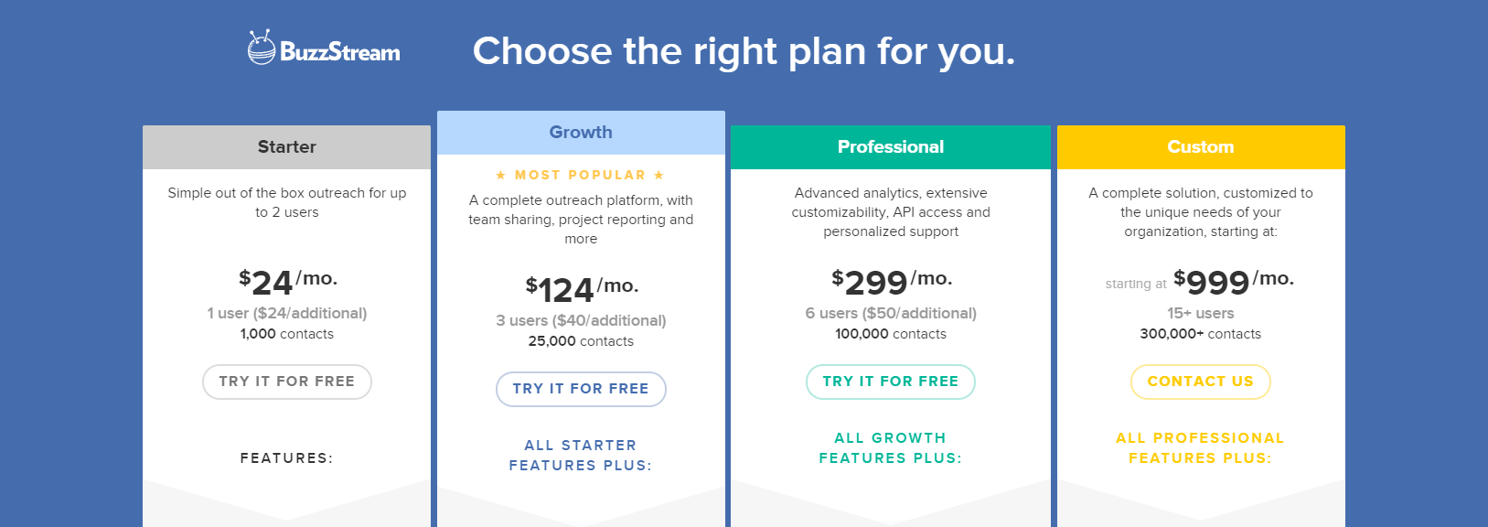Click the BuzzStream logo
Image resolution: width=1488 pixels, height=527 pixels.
(324, 48)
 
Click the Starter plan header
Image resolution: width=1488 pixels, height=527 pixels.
(286, 147)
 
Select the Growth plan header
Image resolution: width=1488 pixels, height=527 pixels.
(581, 133)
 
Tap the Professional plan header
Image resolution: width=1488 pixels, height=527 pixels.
(890, 147)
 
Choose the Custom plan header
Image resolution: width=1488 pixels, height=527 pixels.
(1200, 147)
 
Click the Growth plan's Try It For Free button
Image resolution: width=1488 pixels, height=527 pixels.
(581, 389)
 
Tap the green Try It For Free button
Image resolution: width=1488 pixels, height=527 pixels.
(890, 382)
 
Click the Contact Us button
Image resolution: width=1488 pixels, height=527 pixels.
(1200, 382)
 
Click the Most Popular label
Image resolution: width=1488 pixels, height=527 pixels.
(580, 175)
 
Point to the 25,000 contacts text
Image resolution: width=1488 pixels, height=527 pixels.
(581, 341)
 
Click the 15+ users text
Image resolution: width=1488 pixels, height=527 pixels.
(1200, 313)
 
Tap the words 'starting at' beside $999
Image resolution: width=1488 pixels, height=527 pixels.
(1135, 284)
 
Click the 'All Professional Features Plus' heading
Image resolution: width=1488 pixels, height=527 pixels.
(1200, 448)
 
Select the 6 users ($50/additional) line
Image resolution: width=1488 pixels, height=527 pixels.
(891, 313)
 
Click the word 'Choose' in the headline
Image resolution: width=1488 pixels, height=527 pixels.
(542, 51)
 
